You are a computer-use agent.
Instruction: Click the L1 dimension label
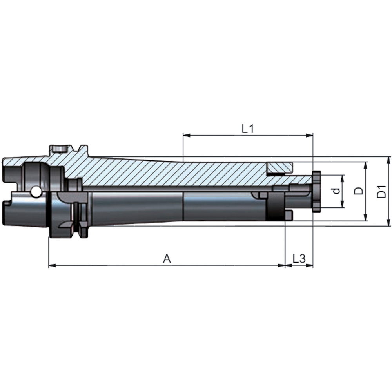coord(247,129)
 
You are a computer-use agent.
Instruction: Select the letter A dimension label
coord(167,259)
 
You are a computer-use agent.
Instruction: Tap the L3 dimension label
coord(299,258)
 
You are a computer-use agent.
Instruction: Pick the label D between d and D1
coord(358,191)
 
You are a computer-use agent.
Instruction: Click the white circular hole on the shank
coord(36,192)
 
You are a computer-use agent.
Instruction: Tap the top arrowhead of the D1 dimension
coord(388,159)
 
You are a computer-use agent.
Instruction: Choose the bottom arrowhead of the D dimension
coord(365,218)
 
